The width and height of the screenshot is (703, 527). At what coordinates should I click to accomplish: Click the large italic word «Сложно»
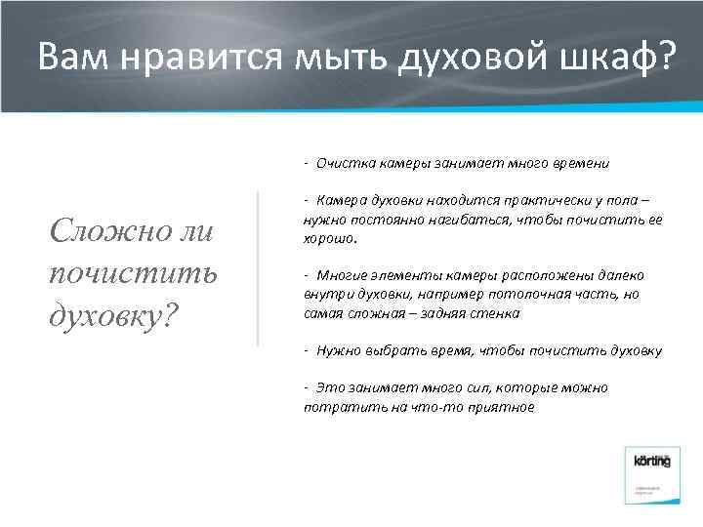coord(104,231)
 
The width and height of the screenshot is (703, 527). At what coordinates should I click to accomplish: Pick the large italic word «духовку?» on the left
coord(110,315)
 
